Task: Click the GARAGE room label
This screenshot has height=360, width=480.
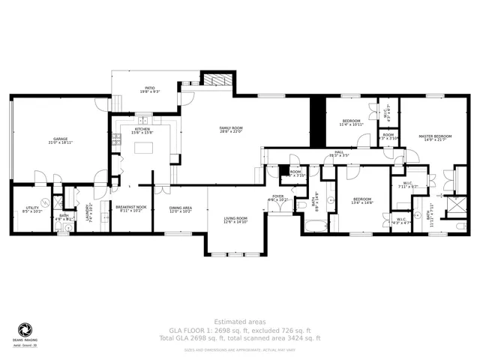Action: (60, 139)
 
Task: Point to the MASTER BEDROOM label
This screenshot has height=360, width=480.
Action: (435, 136)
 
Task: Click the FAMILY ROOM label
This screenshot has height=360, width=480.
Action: (229, 129)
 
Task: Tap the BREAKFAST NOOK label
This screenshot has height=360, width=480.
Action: (133, 208)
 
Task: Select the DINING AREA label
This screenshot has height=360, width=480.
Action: (180, 208)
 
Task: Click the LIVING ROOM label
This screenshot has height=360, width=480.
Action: (235, 219)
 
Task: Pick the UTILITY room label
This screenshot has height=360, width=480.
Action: (32, 208)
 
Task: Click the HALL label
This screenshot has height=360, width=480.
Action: (339, 152)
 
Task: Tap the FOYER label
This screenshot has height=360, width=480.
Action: (277, 196)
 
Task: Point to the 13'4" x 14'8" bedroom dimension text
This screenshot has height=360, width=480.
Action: (363, 202)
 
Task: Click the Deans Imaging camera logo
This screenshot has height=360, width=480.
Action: (25, 331)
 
